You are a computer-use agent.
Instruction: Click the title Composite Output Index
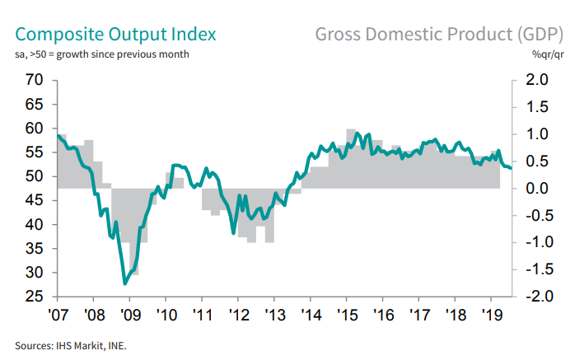116,35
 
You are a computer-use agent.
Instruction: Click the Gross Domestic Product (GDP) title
437,35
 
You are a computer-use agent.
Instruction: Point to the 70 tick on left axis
34,80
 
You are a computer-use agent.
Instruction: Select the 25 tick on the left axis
34,297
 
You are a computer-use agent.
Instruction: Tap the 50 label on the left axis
34,176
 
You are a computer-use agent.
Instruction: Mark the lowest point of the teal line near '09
125,283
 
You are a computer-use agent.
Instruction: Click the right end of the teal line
511,168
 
